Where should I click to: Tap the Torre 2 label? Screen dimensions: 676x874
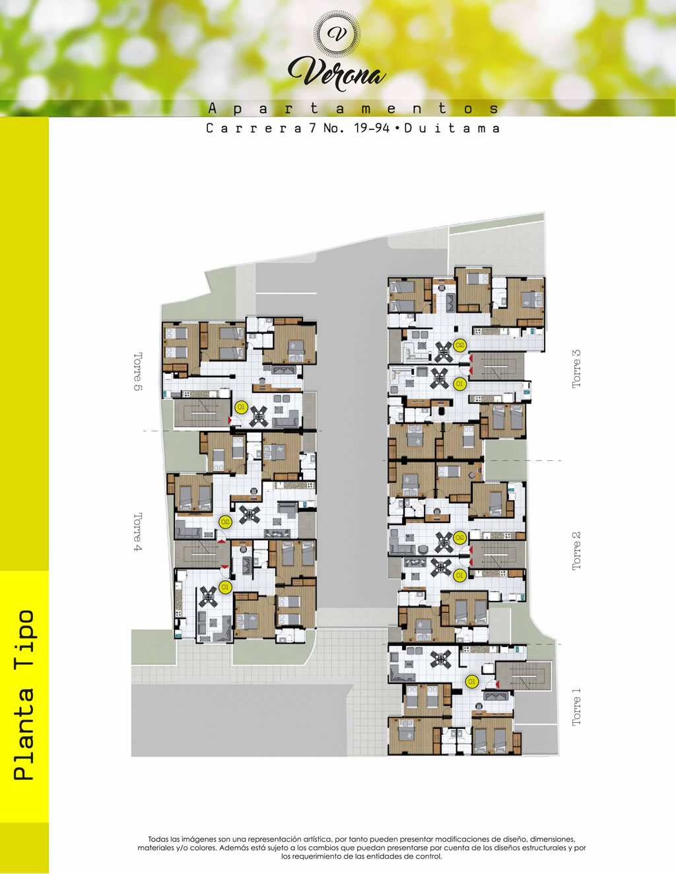tap(576, 551)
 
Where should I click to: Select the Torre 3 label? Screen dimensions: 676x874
tap(576, 369)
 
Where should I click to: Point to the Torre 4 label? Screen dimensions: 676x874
tap(138, 532)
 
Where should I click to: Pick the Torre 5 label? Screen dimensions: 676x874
tap(138, 371)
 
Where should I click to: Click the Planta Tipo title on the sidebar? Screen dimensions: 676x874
tap(24, 695)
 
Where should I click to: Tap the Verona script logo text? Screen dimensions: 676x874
tap(337, 74)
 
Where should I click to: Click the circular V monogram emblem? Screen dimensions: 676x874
tap(337, 34)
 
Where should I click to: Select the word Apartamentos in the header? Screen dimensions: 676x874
tap(354, 108)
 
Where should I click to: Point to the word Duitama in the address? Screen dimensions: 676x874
tap(452, 129)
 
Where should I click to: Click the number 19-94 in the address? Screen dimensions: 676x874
tap(372, 129)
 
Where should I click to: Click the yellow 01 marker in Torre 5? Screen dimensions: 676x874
tap(241, 408)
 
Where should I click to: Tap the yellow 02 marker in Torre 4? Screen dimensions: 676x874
tap(225, 522)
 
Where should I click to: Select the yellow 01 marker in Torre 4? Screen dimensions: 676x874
tap(225, 587)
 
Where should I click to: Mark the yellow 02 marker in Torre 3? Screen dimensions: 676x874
tap(459, 345)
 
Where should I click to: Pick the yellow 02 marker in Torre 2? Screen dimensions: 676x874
tap(459, 538)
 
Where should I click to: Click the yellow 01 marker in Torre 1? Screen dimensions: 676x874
tap(471, 681)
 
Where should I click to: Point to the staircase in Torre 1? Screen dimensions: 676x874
tap(523, 675)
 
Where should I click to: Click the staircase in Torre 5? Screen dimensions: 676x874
tap(202, 413)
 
